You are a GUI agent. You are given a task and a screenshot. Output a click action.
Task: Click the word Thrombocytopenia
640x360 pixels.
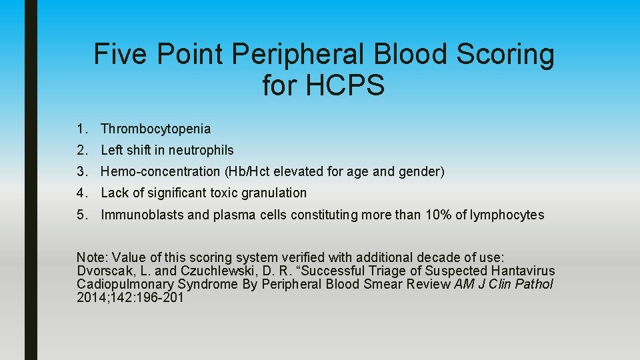pos(155,129)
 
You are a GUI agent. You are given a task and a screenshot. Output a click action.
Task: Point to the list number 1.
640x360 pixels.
pos(81,129)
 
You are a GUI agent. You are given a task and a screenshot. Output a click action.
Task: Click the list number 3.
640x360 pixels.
pos(81,171)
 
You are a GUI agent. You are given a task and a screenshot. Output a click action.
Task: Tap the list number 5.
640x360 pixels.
pos(81,215)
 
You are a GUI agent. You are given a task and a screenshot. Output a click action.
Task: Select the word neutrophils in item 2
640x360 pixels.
pos(200,150)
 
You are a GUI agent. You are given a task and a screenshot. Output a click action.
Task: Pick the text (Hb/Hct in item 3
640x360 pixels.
pos(248,171)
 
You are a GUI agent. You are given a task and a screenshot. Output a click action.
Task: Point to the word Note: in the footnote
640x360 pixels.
pos(93,257)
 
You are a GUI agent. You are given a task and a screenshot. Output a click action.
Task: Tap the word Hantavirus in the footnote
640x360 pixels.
pos(523,271)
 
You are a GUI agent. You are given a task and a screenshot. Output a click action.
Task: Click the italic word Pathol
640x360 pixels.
pos(533,284)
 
